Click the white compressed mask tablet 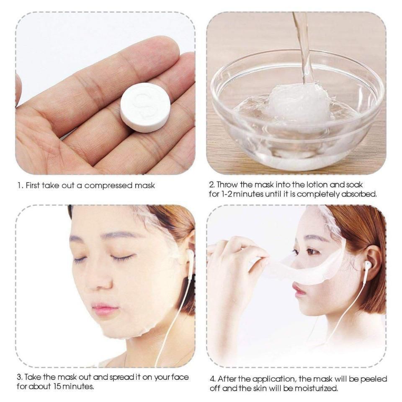[145, 107]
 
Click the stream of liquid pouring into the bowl [304, 46]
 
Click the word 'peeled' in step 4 [372, 379]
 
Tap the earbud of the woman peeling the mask [368, 265]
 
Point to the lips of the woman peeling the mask [300, 290]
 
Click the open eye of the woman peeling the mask [312, 251]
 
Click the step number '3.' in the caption [20, 377]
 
